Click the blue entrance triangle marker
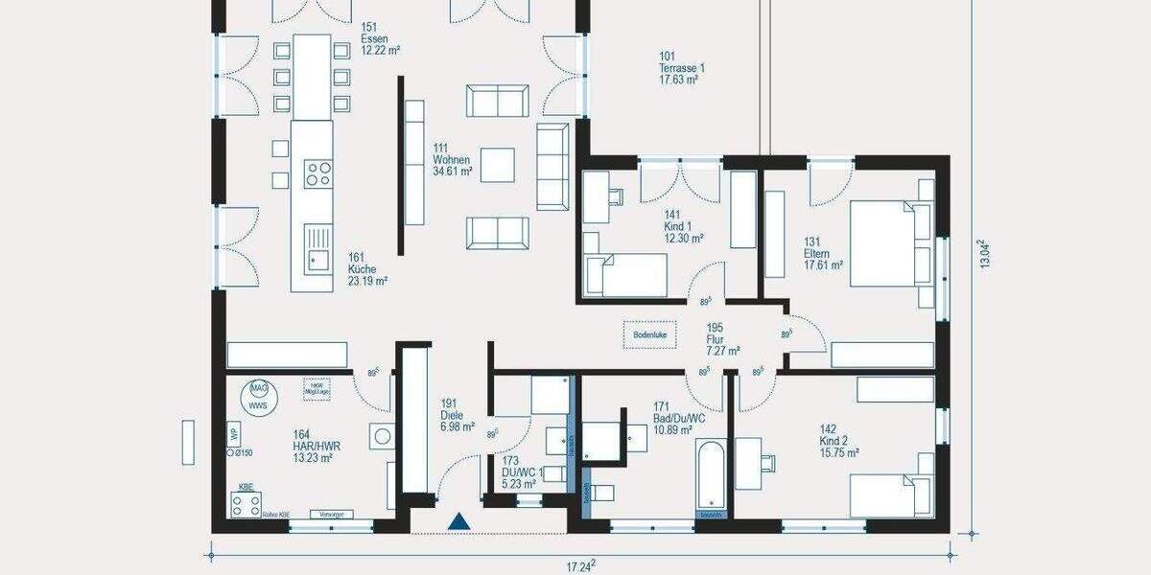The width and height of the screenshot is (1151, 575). (x=460, y=521)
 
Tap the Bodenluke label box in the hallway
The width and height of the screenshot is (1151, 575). (x=649, y=334)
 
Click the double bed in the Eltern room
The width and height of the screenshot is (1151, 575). (x=884, y=243)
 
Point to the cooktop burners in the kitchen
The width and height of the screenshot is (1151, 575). (x=318, y=173)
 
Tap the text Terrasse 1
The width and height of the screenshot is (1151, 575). (x=681, y=68)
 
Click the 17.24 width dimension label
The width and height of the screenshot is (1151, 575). (x=579, y=566)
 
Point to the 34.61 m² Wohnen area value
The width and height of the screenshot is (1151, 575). (x=453, y=172)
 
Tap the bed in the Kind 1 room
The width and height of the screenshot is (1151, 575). (x=625, y=275)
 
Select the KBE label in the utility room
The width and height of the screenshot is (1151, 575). (x=247, y=485)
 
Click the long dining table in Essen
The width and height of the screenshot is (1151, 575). (x=312, y=77)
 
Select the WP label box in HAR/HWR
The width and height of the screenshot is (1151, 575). (x=233, y=432)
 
